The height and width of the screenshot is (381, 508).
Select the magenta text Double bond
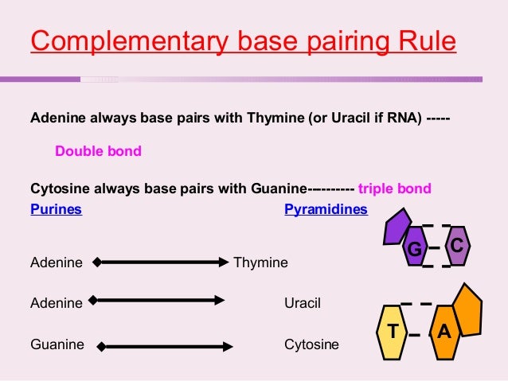click(x=98, y=150)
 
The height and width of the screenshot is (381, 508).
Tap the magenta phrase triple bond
click(x=395, y=189)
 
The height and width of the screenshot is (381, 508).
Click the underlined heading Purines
click(x=56, y=210)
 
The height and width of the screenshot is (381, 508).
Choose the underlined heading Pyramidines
click(x=326, y=210)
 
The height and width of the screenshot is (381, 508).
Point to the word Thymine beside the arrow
click(x=261, y=262)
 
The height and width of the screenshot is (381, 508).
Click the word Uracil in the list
click(x=303, y=303)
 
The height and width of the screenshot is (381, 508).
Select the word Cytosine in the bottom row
click(x=311, y=345)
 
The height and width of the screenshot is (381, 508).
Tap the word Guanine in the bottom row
click(x=57, y=345)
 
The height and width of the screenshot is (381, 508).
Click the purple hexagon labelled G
click(x=414, y=247)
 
